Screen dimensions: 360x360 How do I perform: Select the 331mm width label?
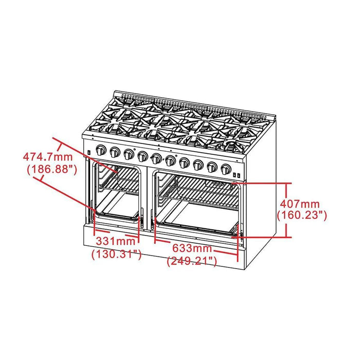[115, 241]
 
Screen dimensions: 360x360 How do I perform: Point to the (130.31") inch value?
[116, 254]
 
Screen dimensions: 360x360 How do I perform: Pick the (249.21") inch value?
[192, 262]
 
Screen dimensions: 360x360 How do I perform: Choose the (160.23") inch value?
[301, 216]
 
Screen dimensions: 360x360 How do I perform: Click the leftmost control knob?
[101, 150]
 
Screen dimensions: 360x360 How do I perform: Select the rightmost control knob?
[225, 168]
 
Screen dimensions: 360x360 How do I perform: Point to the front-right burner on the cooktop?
[238, 145]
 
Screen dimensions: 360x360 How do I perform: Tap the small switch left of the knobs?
[89, 152]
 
